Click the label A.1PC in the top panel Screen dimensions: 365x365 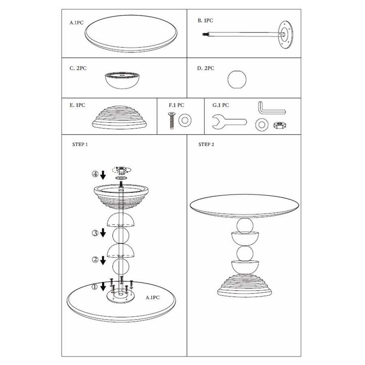pos(76,23)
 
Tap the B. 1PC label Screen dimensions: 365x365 pos(205,21)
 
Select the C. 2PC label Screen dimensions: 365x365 pos(78,68)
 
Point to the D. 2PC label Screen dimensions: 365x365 pos(206,68)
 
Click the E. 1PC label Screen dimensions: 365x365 pos(77,105)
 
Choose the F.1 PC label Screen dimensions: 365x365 pos(176,105)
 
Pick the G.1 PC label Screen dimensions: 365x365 pos(221,105)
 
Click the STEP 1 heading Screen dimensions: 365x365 pos(80,144)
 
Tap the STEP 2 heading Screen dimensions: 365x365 pos(206,144)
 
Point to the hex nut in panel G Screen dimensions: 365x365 pos(280,125)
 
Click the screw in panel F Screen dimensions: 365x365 pos(171,120)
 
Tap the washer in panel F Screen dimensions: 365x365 pos(185,120)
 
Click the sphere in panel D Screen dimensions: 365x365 pos(237,79)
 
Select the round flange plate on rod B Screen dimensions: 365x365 pos(286,35)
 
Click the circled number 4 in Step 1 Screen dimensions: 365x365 pos(95,174)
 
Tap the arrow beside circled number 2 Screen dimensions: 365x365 pos(103,260)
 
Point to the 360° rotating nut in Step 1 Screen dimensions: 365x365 pos(121,169)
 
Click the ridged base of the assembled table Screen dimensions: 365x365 pos(245,286)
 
